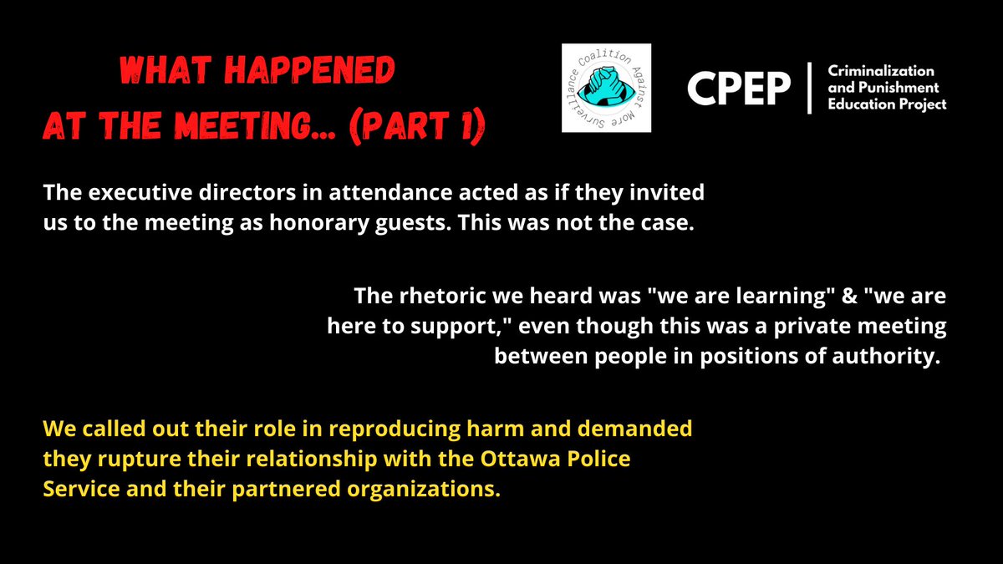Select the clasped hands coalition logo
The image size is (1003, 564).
606,88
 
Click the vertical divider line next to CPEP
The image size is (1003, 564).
809,88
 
